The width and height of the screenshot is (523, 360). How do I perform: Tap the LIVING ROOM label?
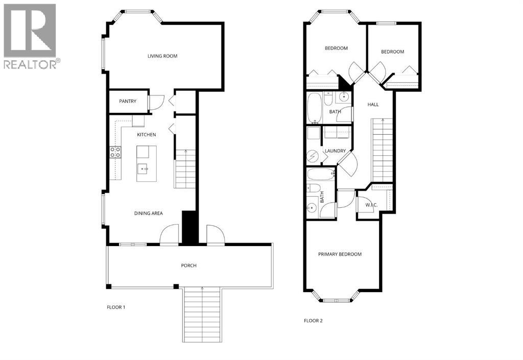[x=162, y=56]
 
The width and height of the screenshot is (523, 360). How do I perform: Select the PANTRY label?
[x=128, y=101]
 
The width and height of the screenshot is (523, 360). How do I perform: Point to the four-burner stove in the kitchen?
[x=115, y=152]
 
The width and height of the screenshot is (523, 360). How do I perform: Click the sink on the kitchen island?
[x=145, y=168]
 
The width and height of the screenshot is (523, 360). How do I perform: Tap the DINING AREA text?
[x=148, y=213]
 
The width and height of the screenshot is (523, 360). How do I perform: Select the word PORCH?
[x=188, y=266]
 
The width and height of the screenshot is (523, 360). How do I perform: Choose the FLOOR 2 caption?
[x=313, y=321]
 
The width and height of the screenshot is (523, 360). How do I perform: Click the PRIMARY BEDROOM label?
[x=340, y=254]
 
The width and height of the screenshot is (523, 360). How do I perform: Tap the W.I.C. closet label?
[x=371, y=205]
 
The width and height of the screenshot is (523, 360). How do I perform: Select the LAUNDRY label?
[x=335, y=151]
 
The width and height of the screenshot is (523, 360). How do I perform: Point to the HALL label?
[x=373, y=105]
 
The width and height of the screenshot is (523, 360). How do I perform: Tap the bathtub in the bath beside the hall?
[x=314, y=107]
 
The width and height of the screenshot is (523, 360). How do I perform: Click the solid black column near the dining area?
[x=189, y=227]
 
